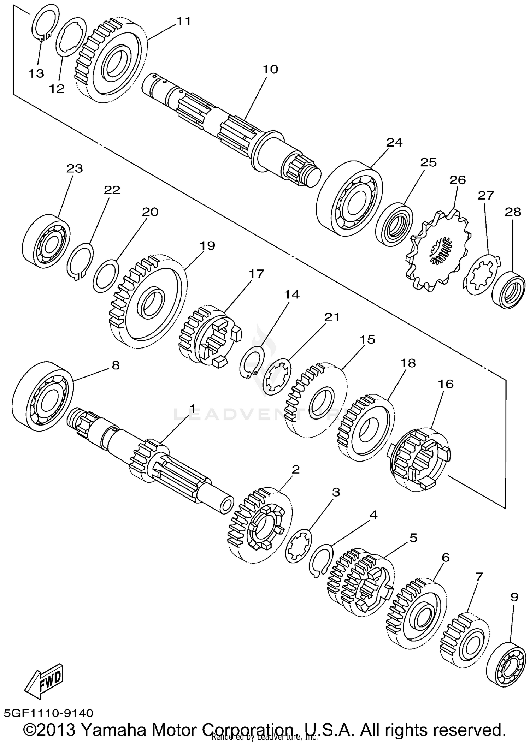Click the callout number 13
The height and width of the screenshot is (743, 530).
click(36, 73)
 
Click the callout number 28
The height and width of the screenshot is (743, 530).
click(513, 212)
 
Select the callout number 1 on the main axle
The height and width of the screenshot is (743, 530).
click(193, 409)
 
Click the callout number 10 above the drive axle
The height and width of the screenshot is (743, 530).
click(270, 69)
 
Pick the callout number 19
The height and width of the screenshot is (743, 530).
click(207, 245)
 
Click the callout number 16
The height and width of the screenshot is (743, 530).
click(446, 384)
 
